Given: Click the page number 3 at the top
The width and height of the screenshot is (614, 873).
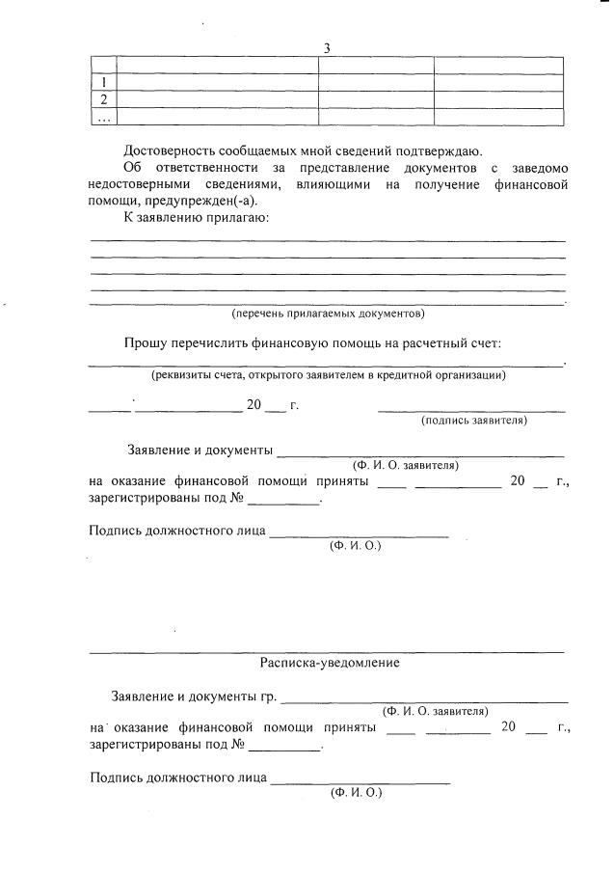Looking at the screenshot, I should [327, 48].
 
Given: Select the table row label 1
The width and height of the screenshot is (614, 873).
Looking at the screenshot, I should [102, 82].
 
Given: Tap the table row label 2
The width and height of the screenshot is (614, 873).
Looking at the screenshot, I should [102, 99].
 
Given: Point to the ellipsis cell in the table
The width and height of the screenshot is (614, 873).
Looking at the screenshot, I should [102, 117].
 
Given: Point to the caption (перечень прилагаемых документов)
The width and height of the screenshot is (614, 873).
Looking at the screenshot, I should [328, 314].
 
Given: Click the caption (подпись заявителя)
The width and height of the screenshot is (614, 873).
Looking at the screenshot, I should [474, 421].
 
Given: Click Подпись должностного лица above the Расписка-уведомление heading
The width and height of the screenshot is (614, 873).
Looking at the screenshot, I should [176, 530].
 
